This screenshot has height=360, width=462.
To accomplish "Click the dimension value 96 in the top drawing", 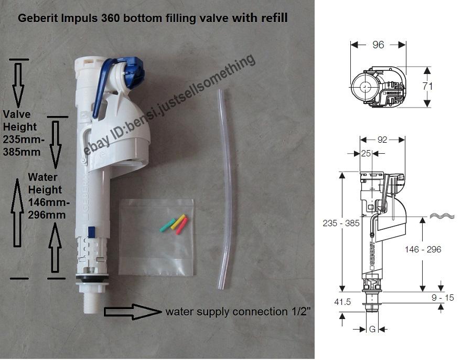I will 378,45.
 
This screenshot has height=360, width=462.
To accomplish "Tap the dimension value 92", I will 382,140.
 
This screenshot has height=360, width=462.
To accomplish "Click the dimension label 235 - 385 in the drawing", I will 341,223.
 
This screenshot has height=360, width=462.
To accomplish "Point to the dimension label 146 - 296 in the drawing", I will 423,249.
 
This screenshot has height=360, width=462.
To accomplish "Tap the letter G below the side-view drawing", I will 373,329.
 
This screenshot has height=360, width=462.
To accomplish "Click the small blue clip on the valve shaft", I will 92,231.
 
